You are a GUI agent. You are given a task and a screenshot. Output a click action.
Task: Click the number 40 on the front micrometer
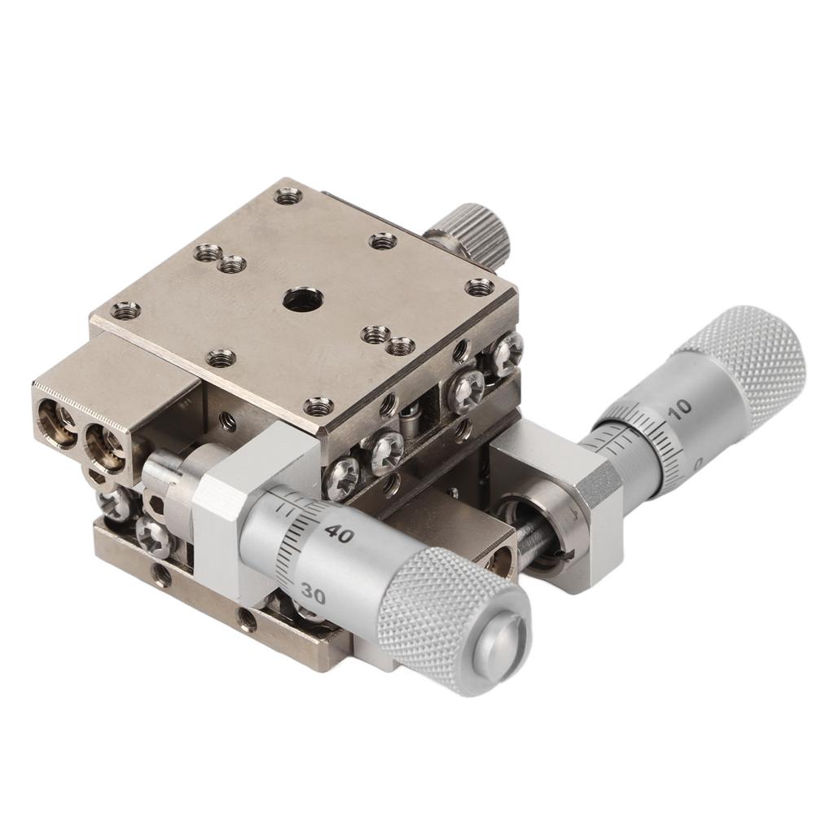(338, 535)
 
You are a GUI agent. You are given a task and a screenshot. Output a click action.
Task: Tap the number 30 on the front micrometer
(311, 595)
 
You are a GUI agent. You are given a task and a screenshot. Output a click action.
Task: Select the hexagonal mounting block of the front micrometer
(224, 521)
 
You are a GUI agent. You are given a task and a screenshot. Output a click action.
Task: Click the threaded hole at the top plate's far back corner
(288, 195)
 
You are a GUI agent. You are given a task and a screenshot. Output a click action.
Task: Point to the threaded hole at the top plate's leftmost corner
(125, 310)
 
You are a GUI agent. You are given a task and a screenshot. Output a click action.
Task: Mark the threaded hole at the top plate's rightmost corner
(479, 287)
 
